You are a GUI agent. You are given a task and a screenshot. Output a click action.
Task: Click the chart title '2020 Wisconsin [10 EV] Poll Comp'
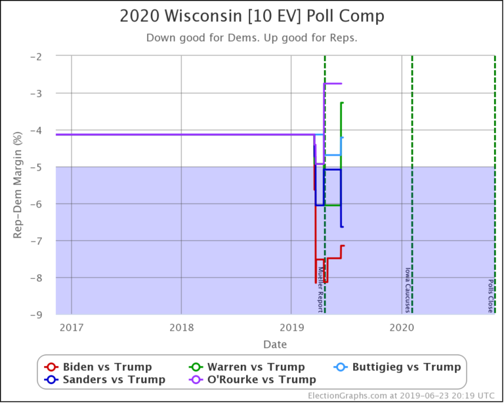coord(252,16)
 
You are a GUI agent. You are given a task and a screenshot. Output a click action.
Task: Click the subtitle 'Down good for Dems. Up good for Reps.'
coord(252,37)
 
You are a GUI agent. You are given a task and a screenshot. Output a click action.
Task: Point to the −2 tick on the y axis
coord(43,56)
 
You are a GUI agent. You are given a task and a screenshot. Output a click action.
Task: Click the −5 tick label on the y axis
coord(43,167)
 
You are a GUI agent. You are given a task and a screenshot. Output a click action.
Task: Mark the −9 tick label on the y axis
coord(43,314)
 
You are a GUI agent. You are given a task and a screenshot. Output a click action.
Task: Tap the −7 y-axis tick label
coord(43,241)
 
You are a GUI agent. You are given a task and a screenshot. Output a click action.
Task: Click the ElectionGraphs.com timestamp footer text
coord(400,395)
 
